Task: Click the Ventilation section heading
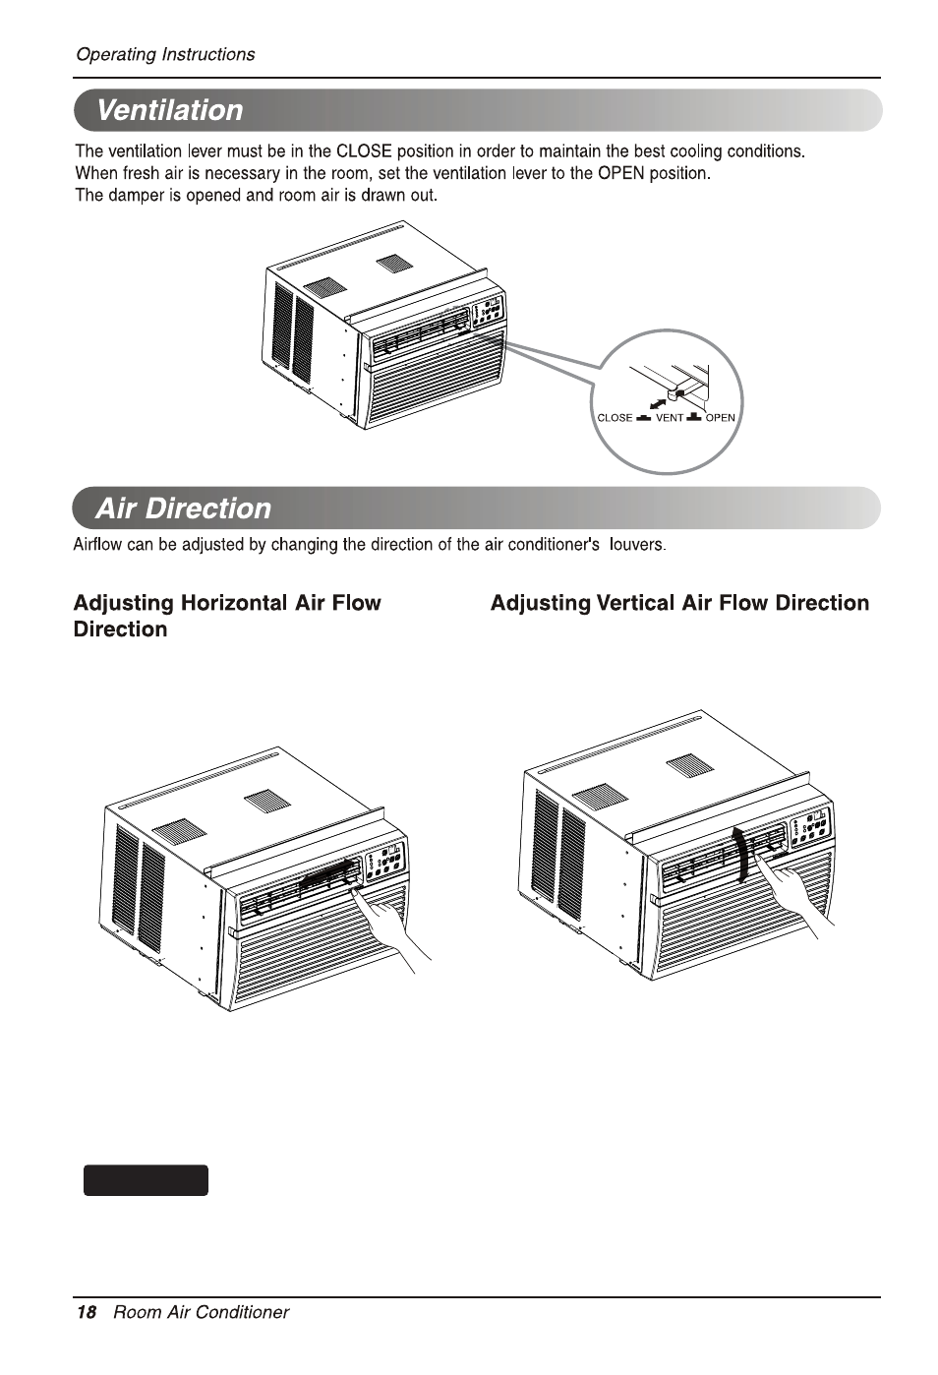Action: (170, 110)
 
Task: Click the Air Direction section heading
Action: (183, 508)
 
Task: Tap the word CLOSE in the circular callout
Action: (615, 417)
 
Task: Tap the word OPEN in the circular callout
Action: (720, 417)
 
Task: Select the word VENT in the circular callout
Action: (669, 417)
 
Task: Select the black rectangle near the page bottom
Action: (146, 1180)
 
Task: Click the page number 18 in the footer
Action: (87, 1312)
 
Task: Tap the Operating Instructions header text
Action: (165, 55)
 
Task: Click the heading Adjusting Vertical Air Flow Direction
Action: (679, 603)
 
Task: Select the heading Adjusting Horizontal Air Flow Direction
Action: (227, 616)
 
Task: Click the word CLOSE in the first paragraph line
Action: (364, 151)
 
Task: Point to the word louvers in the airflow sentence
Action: (637, 544)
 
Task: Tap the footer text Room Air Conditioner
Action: (201, 1312)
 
